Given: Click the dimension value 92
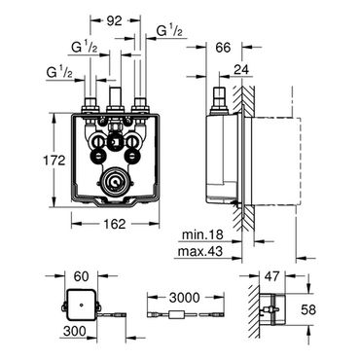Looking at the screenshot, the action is point(115,20).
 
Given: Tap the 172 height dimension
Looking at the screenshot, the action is point(54,161).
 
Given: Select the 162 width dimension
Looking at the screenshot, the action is point(115,224).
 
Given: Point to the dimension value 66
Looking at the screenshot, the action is point(223,48).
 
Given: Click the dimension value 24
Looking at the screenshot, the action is point(240,69).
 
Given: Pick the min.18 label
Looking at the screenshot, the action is point(202,234).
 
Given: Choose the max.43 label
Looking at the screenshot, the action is point(198,251).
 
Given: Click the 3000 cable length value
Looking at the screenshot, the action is point(185,297).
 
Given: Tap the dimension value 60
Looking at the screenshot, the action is point(81,276).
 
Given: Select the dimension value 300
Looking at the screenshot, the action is point(75,331).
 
